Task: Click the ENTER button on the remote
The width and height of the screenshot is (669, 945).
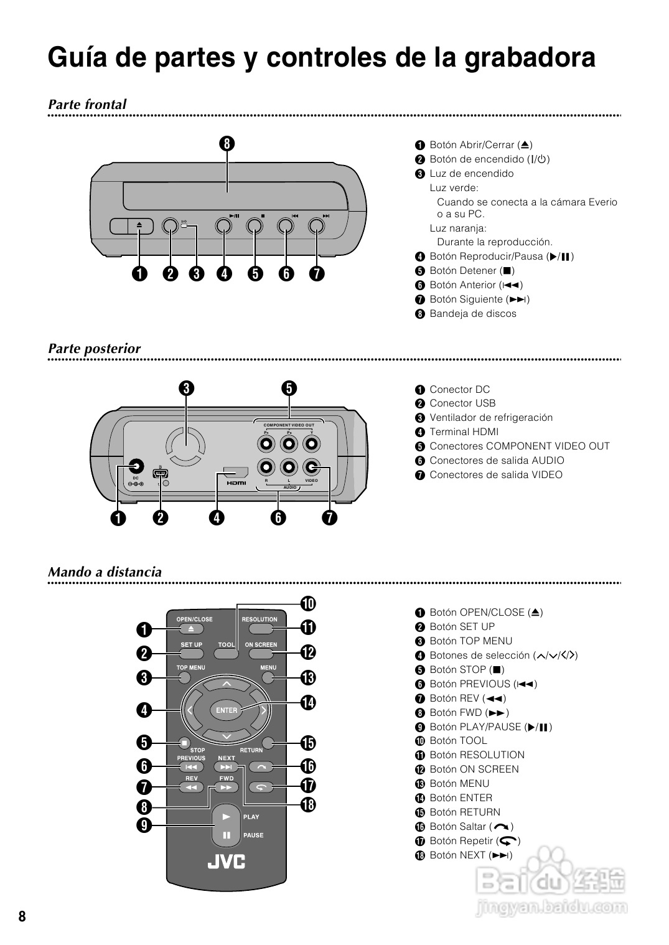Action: [227, 710]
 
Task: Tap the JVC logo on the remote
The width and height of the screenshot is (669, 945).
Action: [226, 862]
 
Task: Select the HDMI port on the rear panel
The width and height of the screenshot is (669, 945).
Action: [236, 474]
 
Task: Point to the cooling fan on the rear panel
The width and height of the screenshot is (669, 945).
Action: [185, 446]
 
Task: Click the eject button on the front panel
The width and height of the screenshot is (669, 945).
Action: [139, 226]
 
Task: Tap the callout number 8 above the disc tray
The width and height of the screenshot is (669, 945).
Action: [227, 143]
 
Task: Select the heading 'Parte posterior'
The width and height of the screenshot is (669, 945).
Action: [95, 349]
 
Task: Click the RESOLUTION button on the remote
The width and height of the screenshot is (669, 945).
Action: [260, 629]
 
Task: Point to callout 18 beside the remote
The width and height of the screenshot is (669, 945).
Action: [307, 804]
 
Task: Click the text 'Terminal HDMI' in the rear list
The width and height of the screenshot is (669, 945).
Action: [464, 432]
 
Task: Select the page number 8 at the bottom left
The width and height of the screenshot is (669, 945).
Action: [22, 916]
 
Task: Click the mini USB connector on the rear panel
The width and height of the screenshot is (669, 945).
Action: [161, 473]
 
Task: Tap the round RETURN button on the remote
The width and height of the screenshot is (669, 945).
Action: [268, 742]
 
